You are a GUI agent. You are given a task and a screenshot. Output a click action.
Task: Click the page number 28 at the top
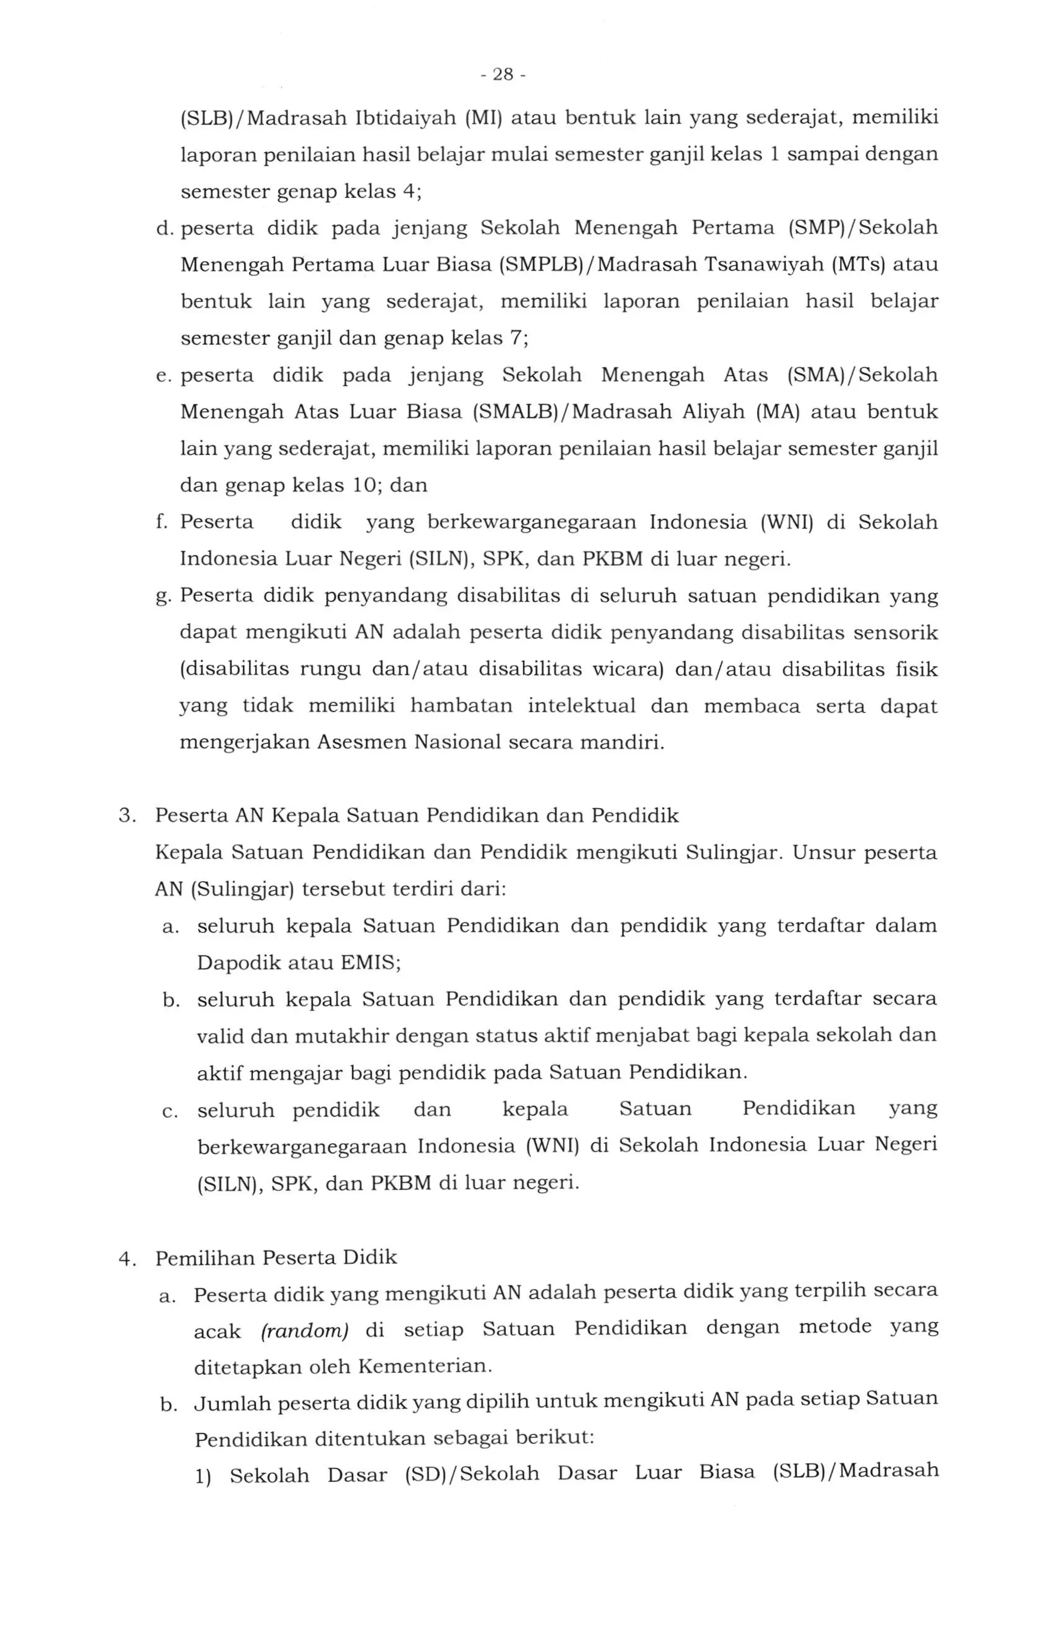(503, 75)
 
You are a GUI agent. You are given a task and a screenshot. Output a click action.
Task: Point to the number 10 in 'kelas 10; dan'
(365, 485)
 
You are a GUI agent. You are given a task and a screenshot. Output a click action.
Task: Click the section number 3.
(126, 815)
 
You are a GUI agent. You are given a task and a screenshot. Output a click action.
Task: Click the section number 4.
(126, 1259)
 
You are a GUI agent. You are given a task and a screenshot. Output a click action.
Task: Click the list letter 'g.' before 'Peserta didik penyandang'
(162, 597)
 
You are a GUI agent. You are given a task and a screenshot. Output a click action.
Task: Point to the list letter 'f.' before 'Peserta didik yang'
(162, 523)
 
